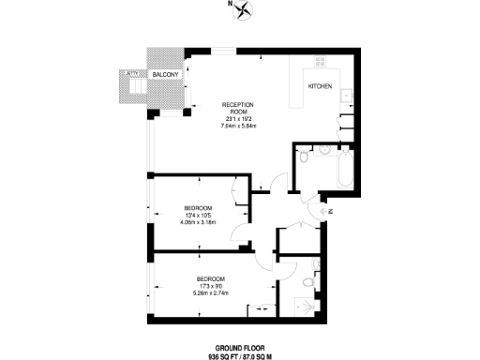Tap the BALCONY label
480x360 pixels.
pos(166,73)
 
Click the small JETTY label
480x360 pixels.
pos(132,71)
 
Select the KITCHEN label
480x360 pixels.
pos(321,86)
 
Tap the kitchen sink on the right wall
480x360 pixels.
pos(346,95)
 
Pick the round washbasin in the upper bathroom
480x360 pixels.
pos(323,149)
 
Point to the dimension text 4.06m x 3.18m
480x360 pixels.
pos(198,224)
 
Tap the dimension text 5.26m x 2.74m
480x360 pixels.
pos(210,294)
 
